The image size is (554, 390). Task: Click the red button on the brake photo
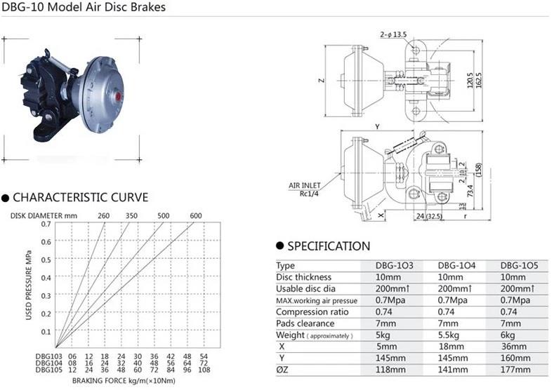pos(118,96)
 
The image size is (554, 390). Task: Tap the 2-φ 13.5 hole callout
pos(393,34)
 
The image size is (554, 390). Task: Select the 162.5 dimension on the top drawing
pos(479,81)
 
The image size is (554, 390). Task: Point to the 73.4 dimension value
pos(470,191)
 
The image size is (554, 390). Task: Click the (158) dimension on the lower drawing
pos(479,170)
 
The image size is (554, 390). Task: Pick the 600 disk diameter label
pos(196,215)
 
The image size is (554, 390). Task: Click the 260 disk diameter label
pos(103,215)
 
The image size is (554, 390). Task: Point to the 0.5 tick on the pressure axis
pos(46,260)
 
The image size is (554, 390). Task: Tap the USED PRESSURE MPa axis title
pos(29,285)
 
